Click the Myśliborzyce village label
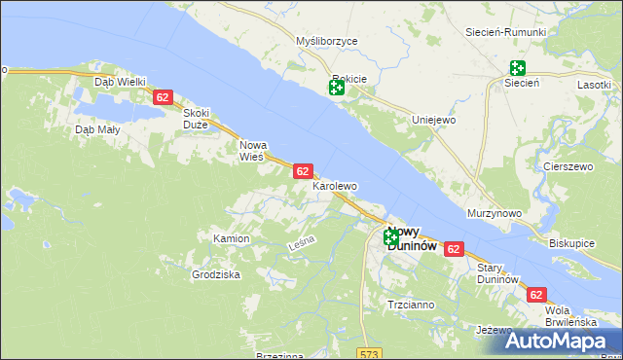tap(327, 42)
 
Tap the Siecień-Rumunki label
tap(506, 32)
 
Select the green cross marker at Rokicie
tap(337, 88)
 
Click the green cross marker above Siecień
tap(517, 68)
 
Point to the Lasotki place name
tap(594, 85)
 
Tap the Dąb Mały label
tap(97, 129)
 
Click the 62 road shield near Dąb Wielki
tap(163, 97)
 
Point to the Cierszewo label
tap(569, 166)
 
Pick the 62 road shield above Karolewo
tap(303, 170)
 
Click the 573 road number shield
tap(367, 353)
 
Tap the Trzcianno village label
tap(411, 305)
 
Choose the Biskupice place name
tap(571, 242)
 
